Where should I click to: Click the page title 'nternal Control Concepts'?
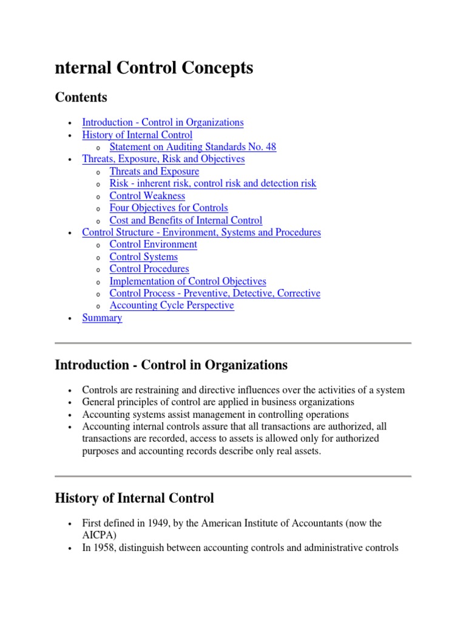pyautogui.click(x=154, y=68)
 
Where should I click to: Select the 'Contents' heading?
pyautogui.click(x=81, y=97)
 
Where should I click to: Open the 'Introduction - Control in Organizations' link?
pyautogui.click(x=163, y=122)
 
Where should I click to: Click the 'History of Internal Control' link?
pyautogui.click(x=137, y=135)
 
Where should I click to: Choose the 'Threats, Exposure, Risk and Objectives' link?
pyautogui.click(x=163, y=159)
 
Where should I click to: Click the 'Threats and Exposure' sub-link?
pyautogui.click(x=154, y=171)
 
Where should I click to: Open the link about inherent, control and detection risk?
pyautogui.click(x=212, y=183)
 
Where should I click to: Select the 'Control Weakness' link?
pyautogui.click(x=147, y=196)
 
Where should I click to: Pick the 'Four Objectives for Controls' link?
pyautogui.click(x=169, y=208)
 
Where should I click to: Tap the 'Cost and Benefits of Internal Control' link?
pyautogui.click(x=186, y=220)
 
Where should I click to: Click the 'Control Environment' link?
pyautogui.click(x=153, y=244)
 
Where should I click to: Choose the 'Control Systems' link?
pyautogui.click(x=144, y=257)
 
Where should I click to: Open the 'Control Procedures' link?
pyautogui.click(x=149, y=268)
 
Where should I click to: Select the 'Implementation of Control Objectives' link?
pyautogui.click(x=187, y=281)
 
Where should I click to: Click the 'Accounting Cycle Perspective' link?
pyautogui.click(x=172, y=306)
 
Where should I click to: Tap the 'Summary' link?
pyautogui.click(x=102, y=318)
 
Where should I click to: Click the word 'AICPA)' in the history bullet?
pyautogui.click(x=99, y=535)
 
